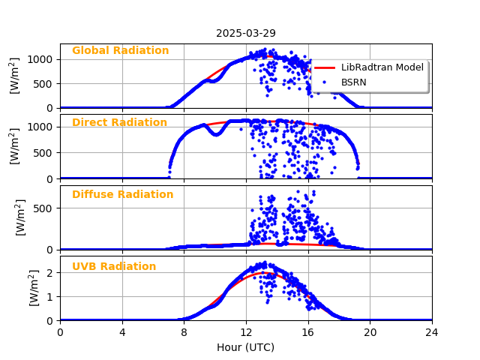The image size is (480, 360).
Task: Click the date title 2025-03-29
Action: point(246,33)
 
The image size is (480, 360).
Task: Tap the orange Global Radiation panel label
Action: point(120,51)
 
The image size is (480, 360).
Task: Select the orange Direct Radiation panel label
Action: point(119,123)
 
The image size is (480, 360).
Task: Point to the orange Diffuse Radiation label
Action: point(122,195)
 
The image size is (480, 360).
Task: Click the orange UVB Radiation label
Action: point(114,267)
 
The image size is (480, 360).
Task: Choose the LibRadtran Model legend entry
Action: point(382,67)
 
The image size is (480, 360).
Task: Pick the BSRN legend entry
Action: point(354,82)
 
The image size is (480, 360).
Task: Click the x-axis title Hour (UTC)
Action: point(246,348)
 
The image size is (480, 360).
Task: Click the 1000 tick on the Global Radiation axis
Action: point(41,59)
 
